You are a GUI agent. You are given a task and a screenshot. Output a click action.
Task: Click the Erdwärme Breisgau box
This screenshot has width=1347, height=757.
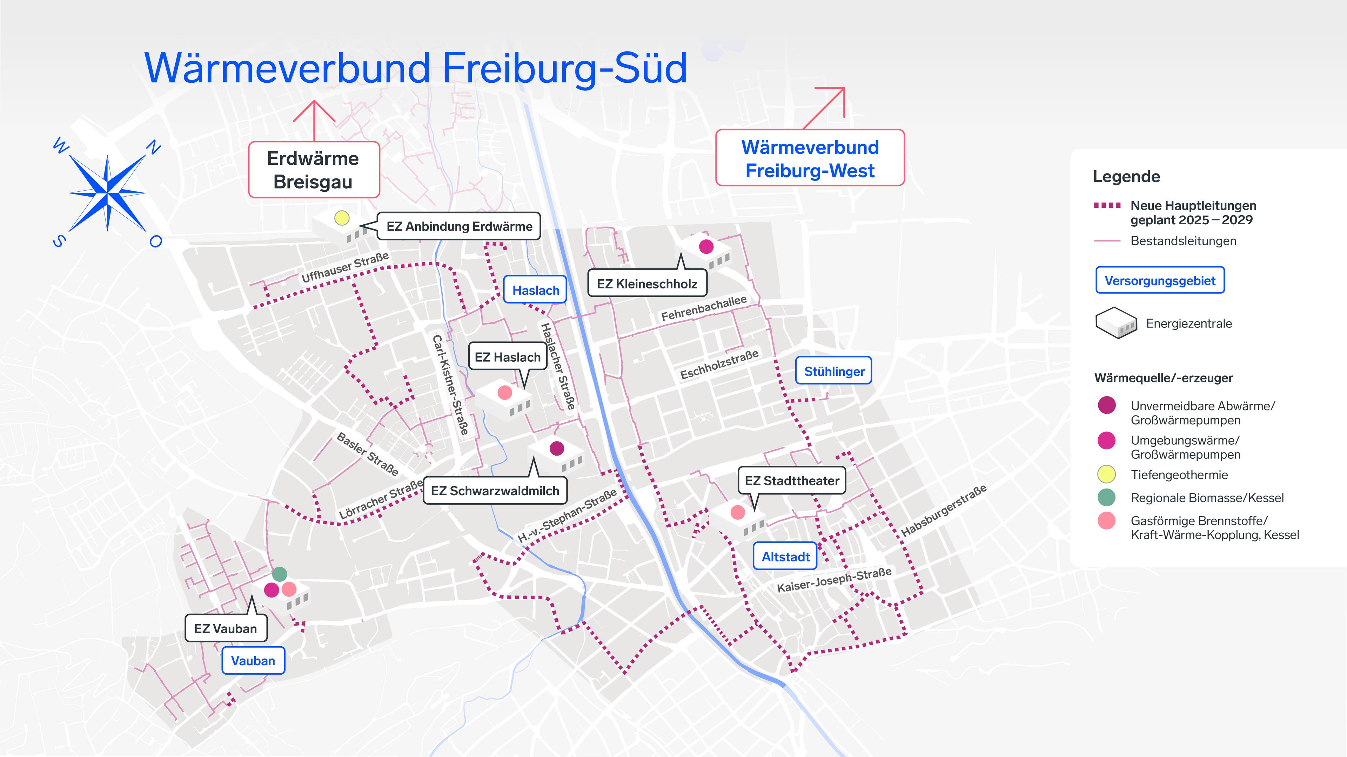tap(313, 170)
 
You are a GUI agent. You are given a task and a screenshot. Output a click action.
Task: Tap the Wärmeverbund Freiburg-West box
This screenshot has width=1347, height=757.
tap(810, 158)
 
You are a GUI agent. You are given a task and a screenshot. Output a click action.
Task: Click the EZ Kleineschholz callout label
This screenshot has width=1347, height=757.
tap(647, 284)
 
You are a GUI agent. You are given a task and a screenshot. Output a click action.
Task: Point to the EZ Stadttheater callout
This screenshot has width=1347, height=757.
tap(792, 480)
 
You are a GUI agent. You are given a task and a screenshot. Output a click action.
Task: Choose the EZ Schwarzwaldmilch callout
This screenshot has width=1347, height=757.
tap(495, 491)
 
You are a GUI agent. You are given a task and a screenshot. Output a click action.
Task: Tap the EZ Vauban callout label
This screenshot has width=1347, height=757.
tap(225, 628)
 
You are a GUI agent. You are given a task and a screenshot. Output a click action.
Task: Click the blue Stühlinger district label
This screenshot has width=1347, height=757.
tap(834, 371)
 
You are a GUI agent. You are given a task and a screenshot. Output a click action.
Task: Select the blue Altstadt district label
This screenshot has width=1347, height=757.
tap(785, 557)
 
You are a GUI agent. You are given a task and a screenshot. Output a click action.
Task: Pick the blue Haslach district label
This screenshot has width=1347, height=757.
tap(535, 290)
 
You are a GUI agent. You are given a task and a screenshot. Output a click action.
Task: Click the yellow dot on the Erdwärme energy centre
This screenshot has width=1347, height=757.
tap(341, 218)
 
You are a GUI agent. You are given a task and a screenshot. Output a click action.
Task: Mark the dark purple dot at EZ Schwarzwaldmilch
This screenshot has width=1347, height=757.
tap(557, 448)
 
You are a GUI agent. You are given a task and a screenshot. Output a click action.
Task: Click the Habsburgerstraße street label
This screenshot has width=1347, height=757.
tap(944, 510)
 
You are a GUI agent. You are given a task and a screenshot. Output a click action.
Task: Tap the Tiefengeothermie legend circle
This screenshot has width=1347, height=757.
tap(1106, 475)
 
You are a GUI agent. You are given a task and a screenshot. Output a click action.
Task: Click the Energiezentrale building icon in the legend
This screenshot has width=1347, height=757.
tap(1116, 323)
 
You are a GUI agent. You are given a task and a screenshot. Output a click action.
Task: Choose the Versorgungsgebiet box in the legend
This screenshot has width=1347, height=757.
tap(1160, 280)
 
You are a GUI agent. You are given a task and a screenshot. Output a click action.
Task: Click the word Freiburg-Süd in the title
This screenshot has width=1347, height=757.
tap(565, 68)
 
